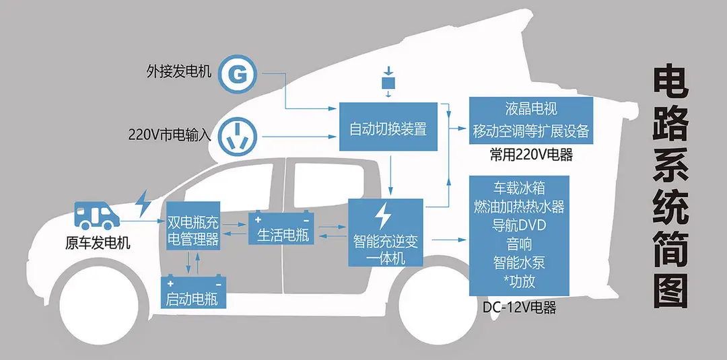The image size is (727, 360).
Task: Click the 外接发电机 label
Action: [x=179, y=71]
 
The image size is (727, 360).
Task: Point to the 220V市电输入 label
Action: [x=170, y=134]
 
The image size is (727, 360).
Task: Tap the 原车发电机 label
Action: [x=98, y=243]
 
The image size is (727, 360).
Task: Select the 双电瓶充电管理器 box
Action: [x=193, y=231]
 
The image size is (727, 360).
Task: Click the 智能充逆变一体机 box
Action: [x=386, y=232]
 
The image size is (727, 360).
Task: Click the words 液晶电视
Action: [x=531, y=108]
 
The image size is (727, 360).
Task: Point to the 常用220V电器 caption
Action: [x=531, y=155]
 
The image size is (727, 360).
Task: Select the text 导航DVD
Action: [x=519, y=225]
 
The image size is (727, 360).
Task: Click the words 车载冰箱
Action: [x=519, y=187]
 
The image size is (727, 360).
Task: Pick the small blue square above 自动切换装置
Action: [x=386, y=82]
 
